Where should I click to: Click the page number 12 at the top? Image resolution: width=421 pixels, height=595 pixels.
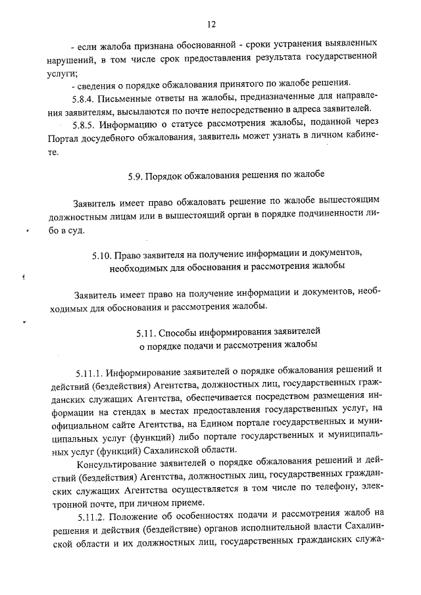click(211, 24)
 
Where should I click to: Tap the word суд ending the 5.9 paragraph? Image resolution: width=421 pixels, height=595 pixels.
click(93, 231)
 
